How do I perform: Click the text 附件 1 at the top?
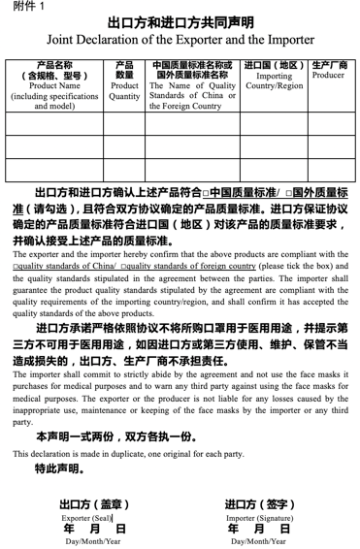[28, 7]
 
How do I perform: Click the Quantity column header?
[124, 85]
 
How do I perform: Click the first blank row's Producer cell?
[328, 123]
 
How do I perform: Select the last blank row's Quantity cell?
[124, 170]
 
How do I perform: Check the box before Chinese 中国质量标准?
[205, 193]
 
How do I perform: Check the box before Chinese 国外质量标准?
[289, 193]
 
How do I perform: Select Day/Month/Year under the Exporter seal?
[93, 541]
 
